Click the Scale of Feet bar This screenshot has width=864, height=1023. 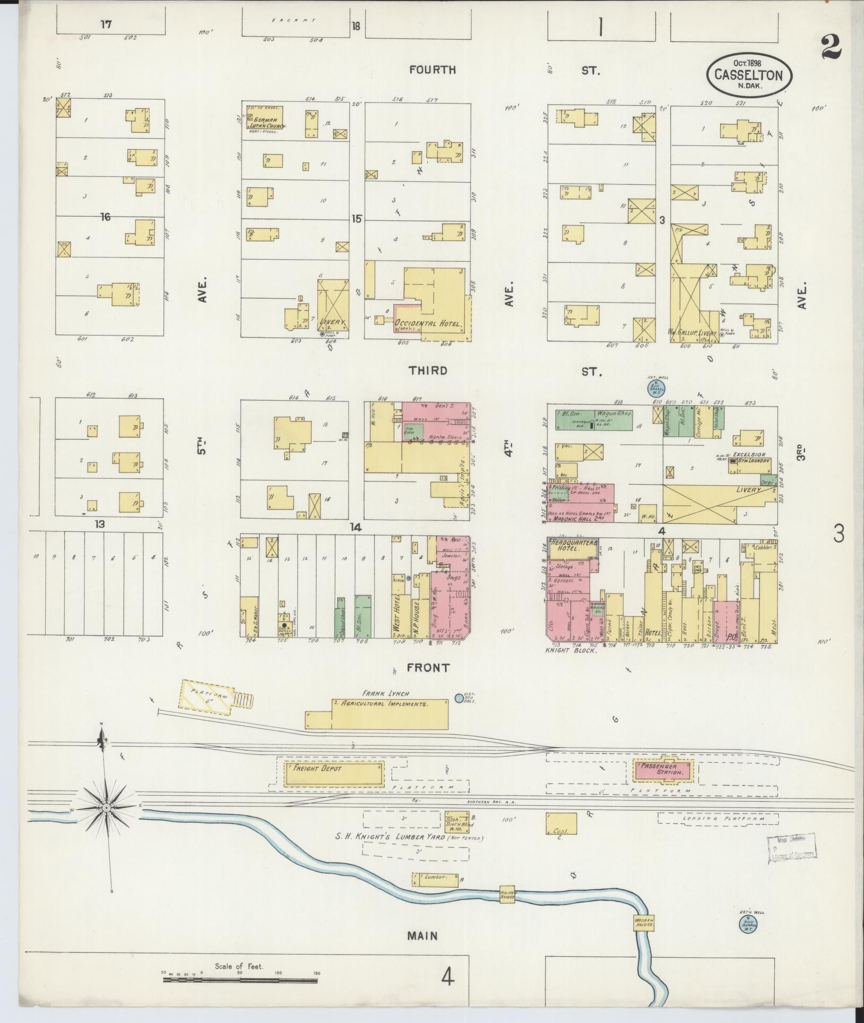(x=239, y=978)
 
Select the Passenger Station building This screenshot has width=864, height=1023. (x=665, y=770)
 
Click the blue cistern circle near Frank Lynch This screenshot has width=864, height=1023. (x=459, y=698)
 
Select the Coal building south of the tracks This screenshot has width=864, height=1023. (x=560, y=837)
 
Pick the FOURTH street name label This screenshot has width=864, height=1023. (x=432, y=70)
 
